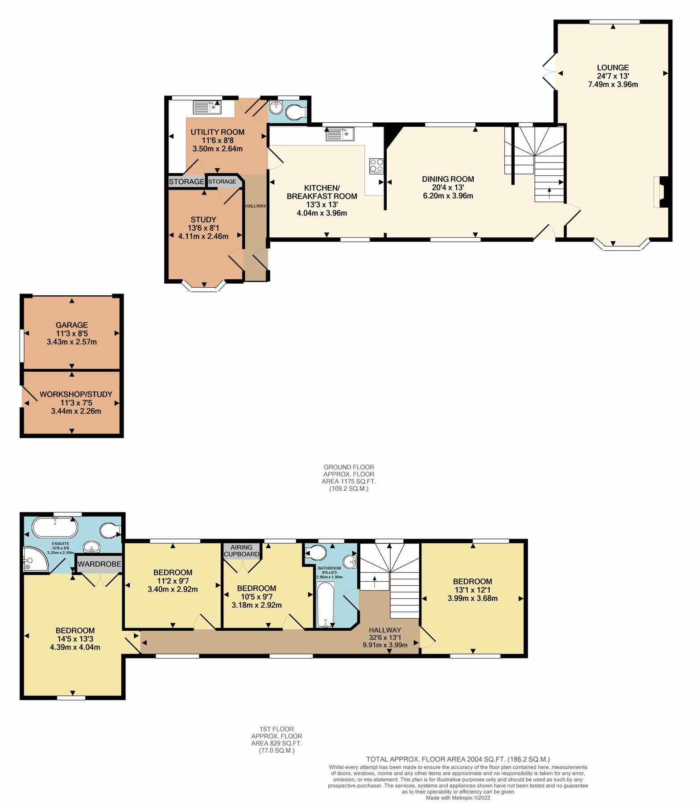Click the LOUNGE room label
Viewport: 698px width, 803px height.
coord(612,68)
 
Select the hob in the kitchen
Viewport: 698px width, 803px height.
coord(376,166)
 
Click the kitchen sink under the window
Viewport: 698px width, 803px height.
coord(340,134)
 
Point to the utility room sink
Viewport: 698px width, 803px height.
coord(207,107)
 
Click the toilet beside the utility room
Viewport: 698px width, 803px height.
coord(294,112)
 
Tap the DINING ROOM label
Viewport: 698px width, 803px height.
coord(448,179)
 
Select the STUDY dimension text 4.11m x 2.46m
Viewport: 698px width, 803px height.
coord(203,236)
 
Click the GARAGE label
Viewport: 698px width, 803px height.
coord(72,325)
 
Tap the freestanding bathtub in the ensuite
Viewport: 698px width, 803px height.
coord(55,528)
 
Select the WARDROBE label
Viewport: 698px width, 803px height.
coord(99,564)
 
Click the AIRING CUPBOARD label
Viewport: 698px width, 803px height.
coord(241,551)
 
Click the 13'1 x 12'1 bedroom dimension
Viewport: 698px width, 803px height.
coord(472,590)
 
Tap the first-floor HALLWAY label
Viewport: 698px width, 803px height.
coord(385,630)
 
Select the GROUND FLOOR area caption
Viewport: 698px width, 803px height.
coord(349,478)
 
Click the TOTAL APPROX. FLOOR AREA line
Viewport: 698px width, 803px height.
coord(458,759)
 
